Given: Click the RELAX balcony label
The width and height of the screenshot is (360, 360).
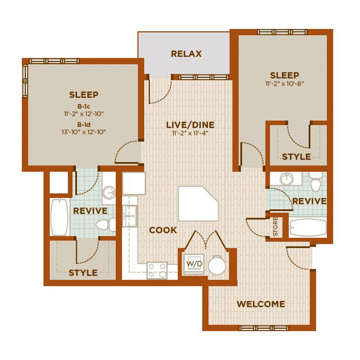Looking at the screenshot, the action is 186,54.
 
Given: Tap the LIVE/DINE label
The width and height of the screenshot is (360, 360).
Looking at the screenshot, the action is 190,125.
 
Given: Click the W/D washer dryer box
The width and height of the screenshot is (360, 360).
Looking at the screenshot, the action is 194,264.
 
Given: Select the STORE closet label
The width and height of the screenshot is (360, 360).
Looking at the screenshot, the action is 276,226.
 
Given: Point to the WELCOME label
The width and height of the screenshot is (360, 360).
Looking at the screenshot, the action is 261,304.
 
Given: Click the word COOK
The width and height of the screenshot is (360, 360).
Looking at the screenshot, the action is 163,230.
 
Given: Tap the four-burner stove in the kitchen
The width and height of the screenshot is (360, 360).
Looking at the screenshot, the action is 157,270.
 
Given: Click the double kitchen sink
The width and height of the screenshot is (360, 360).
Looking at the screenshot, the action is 130,216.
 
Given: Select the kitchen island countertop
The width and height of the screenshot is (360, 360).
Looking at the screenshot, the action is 198,204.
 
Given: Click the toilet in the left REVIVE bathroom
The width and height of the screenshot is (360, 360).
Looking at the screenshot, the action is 106,224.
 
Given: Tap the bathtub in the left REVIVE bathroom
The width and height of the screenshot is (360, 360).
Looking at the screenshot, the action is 60,217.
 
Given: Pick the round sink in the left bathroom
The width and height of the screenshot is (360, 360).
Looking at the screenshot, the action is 109,192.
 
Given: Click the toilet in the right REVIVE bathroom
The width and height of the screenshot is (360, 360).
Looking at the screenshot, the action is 316,182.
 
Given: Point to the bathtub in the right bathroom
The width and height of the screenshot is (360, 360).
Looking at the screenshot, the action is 308,228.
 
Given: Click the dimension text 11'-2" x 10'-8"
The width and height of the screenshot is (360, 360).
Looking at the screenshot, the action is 285,84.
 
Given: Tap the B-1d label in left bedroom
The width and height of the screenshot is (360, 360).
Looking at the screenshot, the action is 84,125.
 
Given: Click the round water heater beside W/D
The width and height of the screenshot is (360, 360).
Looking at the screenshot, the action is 217,266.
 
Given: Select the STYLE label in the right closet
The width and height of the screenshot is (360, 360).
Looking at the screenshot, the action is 296,157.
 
